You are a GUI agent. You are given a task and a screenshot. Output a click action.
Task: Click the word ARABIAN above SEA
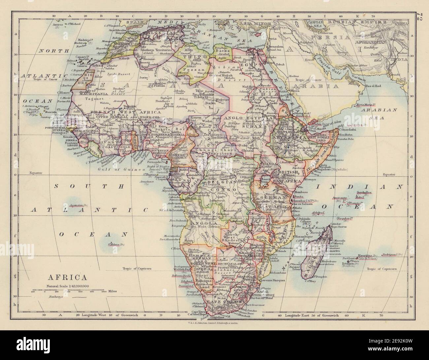click(381, 109)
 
